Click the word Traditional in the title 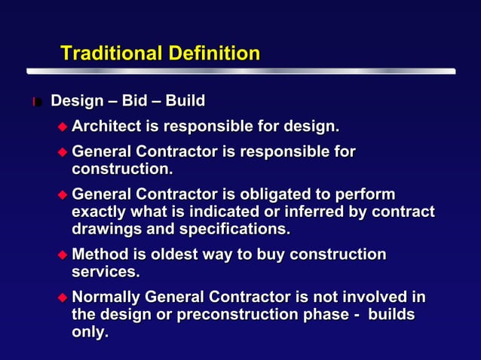pyautogui.click(x=106, y=53)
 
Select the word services pyautogui.click(x=106, y=271)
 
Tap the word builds pyautogui.click(x=391, y=314)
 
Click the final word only pyautogui.click(x=90, y=331)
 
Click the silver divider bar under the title pyautogui.click(x=241, y=72)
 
